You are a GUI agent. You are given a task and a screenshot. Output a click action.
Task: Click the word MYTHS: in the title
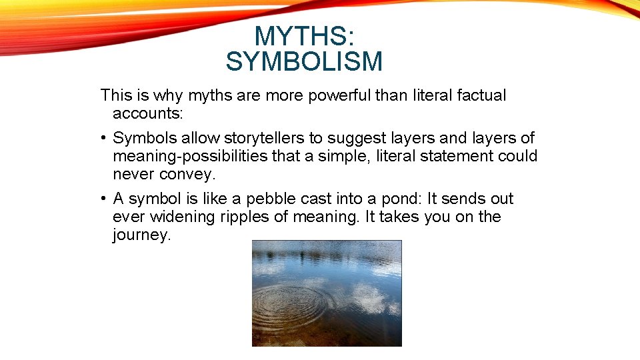[x=304, y=36]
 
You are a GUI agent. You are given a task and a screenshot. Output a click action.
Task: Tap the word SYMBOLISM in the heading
[x=304, y=62]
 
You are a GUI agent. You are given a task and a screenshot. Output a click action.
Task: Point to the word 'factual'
[x=481, y=96]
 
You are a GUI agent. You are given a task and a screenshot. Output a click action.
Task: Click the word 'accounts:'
[x=147, y=113]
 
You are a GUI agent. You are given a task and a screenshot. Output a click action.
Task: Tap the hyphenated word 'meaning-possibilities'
[x=196, y=157]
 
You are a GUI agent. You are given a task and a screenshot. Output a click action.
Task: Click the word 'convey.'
[x=187, y=174]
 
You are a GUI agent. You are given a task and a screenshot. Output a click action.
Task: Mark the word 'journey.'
[x=142, y=235]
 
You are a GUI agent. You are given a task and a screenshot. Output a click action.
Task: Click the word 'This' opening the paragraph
[x=117, y=96]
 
